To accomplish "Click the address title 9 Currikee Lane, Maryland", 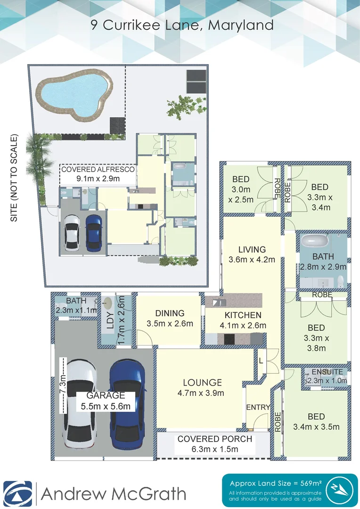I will click(x=182, y=25).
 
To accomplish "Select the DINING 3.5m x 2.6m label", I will click(x=170, y=318).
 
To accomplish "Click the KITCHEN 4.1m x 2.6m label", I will click(x=243, y=320).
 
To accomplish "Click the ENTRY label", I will click(x=258, y=407).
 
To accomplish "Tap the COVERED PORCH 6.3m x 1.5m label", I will click(x=214, y=444).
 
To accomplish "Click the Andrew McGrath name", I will click(x=113, y=494).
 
